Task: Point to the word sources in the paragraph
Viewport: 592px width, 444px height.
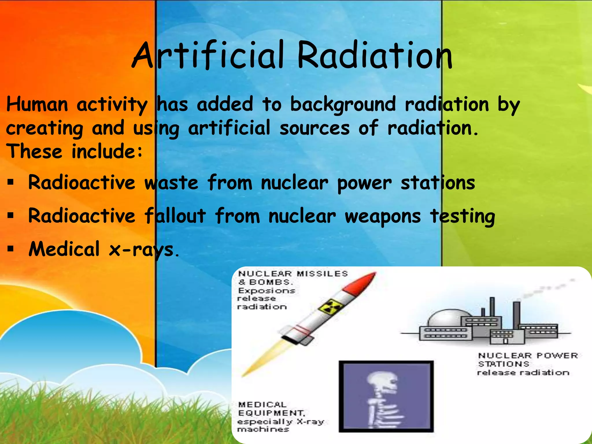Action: coord(314,128)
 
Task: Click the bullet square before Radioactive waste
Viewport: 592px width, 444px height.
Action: coord(11,182)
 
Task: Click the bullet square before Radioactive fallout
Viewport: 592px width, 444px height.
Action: coord(11,216)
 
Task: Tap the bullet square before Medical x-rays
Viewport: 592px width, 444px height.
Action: coord(11,249)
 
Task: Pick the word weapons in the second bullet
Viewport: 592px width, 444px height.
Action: coord(382,217)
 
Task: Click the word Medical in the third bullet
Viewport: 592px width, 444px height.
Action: coord(64,249)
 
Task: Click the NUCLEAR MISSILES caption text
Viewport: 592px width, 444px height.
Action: coord(293,274)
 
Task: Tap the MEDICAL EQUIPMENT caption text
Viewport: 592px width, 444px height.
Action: coord(270,409)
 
